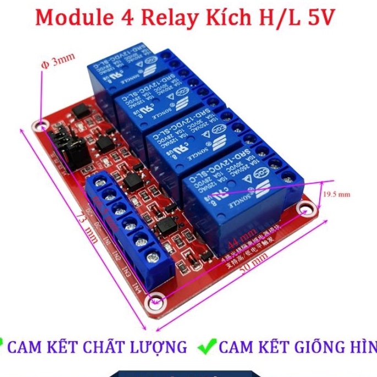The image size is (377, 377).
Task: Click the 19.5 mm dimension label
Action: coord(336,194)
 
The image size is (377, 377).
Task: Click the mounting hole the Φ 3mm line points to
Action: coord(40,125)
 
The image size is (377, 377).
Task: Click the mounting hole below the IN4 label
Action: coord(155,302)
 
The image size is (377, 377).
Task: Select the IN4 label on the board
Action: coord(137,286)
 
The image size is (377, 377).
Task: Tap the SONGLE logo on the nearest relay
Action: coord(246,194)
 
